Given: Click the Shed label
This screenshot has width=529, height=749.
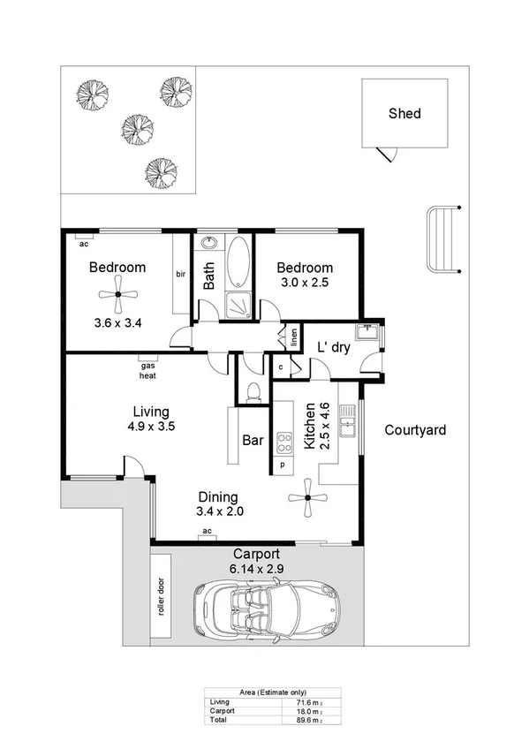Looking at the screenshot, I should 404,113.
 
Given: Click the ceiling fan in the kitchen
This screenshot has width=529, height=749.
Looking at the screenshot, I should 307,498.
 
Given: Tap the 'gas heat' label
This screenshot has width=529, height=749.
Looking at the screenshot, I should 147,369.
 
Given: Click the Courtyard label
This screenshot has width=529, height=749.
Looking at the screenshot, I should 415,431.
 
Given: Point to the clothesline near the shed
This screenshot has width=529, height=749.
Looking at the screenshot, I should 442,240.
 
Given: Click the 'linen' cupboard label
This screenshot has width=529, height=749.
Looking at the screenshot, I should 292,337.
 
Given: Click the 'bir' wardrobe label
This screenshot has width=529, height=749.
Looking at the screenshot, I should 180,274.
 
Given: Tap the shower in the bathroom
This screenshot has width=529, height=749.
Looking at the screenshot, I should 237,304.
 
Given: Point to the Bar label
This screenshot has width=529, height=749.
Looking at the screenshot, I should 252,439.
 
